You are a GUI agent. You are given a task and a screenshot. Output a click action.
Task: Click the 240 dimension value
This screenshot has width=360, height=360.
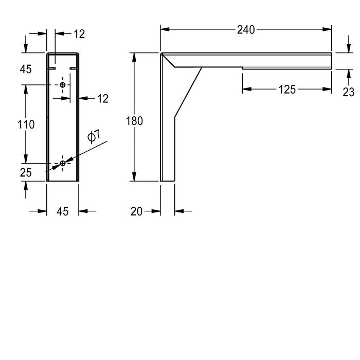click(x=246, y=30)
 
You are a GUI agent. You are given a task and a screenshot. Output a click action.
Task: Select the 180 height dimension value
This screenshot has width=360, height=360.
click(x=134, y=121)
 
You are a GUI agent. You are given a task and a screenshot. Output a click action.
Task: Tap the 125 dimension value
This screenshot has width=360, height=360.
click(x=287, y=89)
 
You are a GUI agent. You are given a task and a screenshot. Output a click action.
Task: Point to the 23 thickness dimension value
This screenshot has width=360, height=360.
click(x=349, y=92)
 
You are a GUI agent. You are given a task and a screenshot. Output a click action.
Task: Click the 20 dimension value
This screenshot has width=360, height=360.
click(x=136, y=211)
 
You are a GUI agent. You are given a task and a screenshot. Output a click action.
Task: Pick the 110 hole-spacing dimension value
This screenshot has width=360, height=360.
click(x=26, y=124)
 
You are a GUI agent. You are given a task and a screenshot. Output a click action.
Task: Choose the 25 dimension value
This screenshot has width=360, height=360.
click(x=26, y=173)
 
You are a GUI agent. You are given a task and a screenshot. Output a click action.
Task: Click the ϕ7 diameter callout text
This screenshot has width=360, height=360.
click(x=94, y=136)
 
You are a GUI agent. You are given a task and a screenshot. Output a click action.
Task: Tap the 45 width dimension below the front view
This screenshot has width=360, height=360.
click(x=62, y=211)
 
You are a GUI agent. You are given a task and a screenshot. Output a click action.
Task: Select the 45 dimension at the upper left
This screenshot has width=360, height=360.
click(x=26, y=69)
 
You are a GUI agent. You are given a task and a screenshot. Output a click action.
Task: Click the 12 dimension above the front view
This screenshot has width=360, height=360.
click(x=79, y=34)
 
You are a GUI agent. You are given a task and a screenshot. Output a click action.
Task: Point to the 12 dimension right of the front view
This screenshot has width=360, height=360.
click(x=103, y=99)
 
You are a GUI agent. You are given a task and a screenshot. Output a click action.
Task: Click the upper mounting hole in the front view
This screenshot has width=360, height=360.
click(x=62, y=85)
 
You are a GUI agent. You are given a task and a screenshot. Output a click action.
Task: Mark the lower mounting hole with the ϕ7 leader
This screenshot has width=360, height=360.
click(x=62, y=164)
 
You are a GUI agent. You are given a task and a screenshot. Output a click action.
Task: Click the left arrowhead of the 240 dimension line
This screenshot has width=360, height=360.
click(x=165, y=29)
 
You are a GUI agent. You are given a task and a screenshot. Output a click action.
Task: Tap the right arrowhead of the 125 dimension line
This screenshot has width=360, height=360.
click(x=327, y=89)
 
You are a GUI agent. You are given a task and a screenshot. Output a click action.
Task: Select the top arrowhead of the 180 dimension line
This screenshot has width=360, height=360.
click(x=134, y=57)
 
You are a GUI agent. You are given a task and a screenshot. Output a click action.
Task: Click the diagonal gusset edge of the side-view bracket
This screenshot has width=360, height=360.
click(x=188, y=92)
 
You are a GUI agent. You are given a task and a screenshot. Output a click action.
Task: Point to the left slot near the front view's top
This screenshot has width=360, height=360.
click(x=51, y=68)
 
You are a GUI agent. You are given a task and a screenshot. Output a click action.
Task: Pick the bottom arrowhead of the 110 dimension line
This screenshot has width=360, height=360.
click(x=26, y=159)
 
